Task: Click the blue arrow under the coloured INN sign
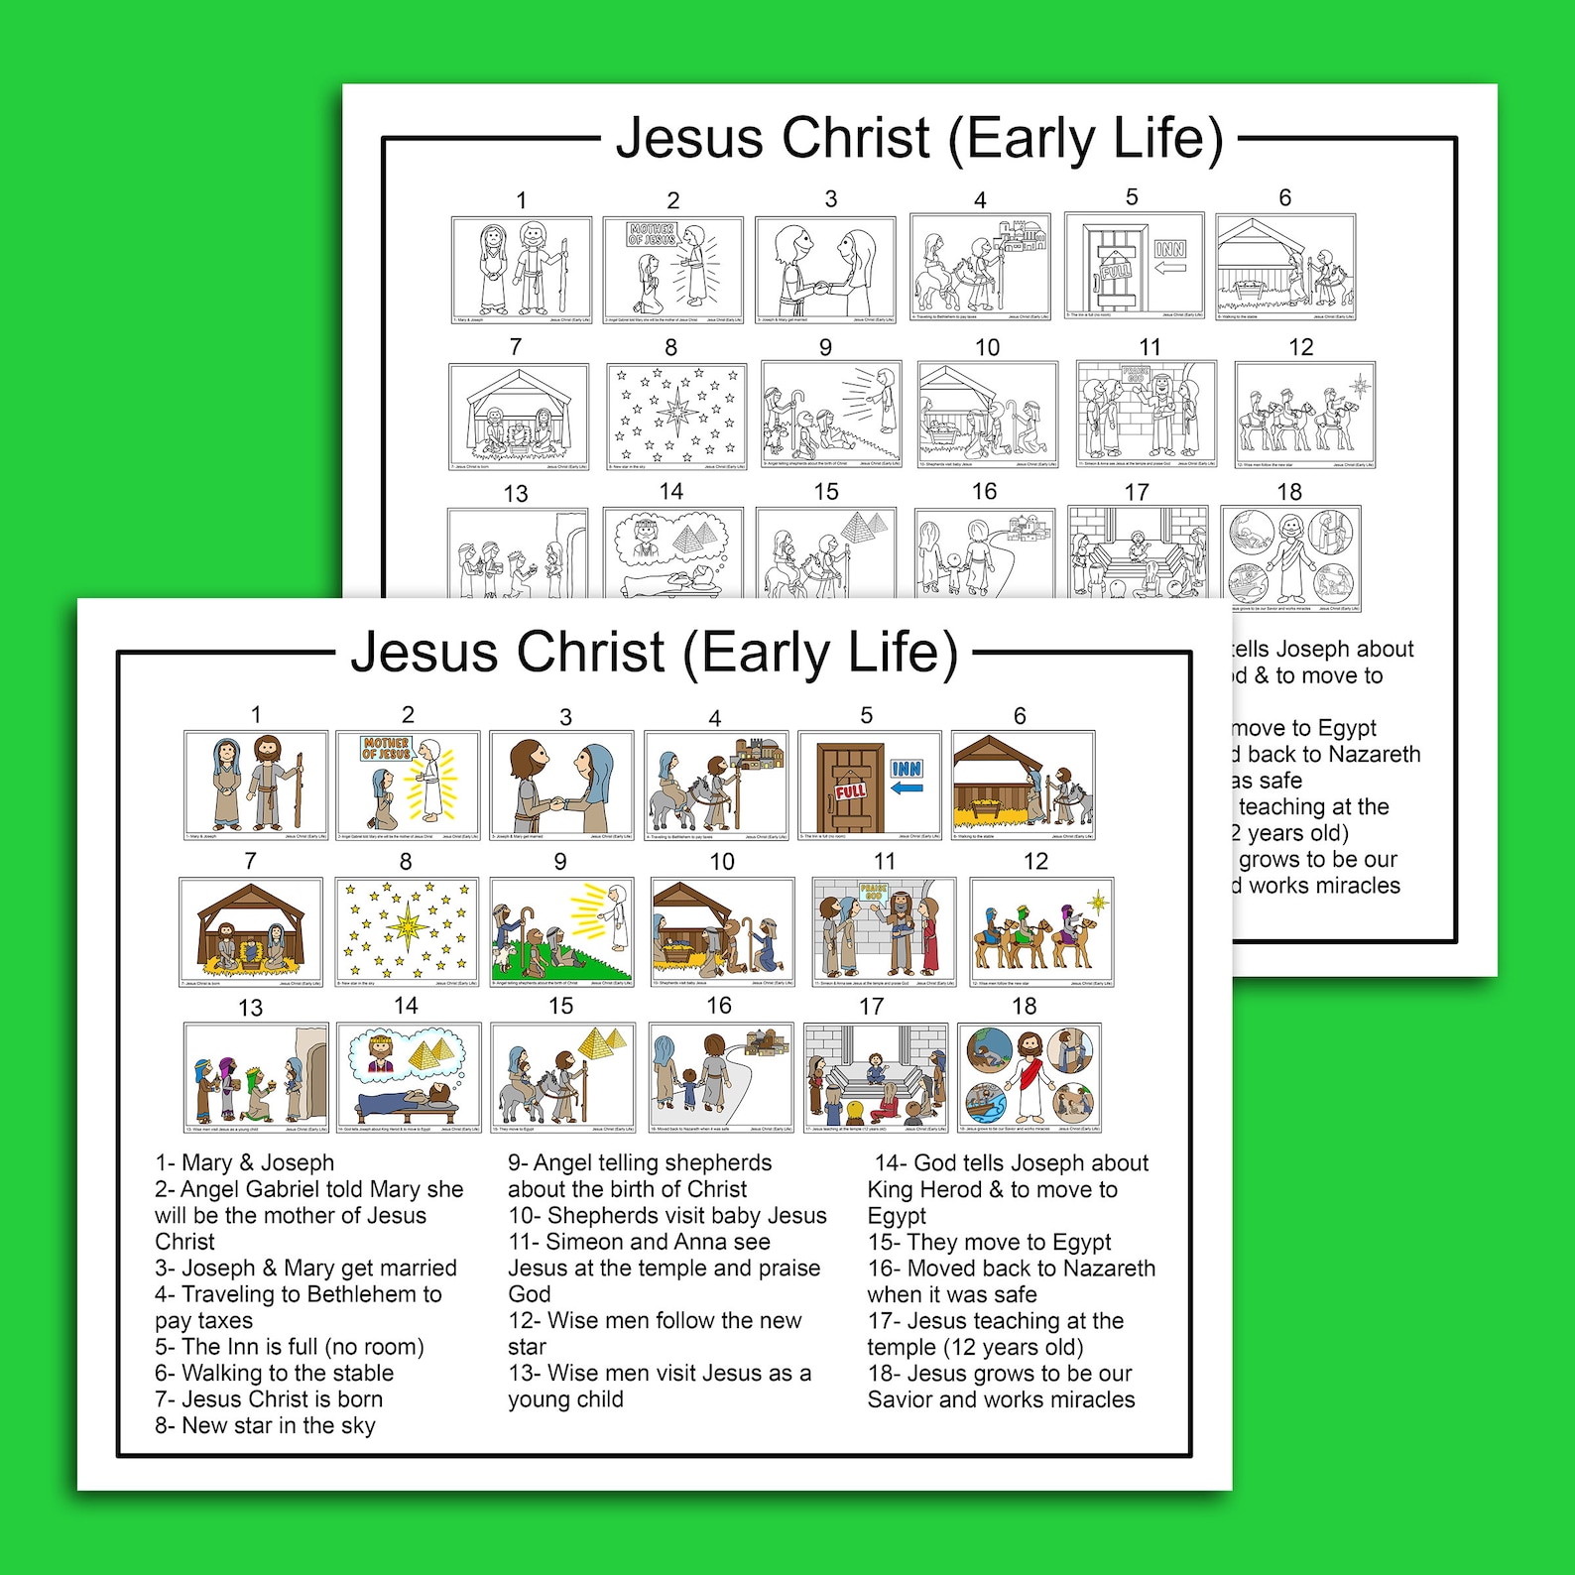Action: click(907, 788)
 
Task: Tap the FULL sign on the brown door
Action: click(850, 791)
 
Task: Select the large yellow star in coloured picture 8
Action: click(407, 926)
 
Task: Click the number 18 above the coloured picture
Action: click(1024, 1006)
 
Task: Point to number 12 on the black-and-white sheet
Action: click(1300, 347)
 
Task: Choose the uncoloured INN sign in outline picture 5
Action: click(1170, 249)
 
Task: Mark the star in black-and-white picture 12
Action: click(1359, 385)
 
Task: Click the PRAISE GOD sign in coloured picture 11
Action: click(873, 893)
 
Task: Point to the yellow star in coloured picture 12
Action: click(1098, 902)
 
